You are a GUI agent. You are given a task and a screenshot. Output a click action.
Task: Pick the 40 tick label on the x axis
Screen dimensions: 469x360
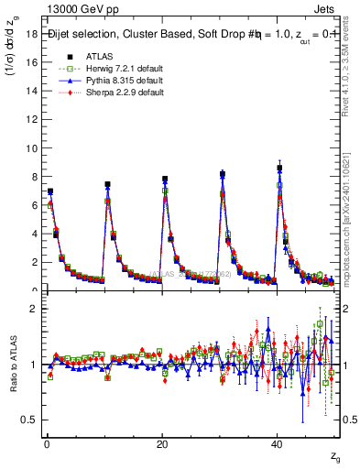pyautogui.click(x=277, y=444)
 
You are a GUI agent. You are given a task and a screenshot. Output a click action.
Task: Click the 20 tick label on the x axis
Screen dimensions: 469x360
pyautogui.click(x=161, y=444)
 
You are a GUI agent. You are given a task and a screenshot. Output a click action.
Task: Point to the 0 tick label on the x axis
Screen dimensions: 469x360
pyautogui.click(x=46, y=444)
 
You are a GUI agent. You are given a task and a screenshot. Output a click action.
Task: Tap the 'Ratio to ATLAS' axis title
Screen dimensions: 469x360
pyautogui.click(x=11, y=365)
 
